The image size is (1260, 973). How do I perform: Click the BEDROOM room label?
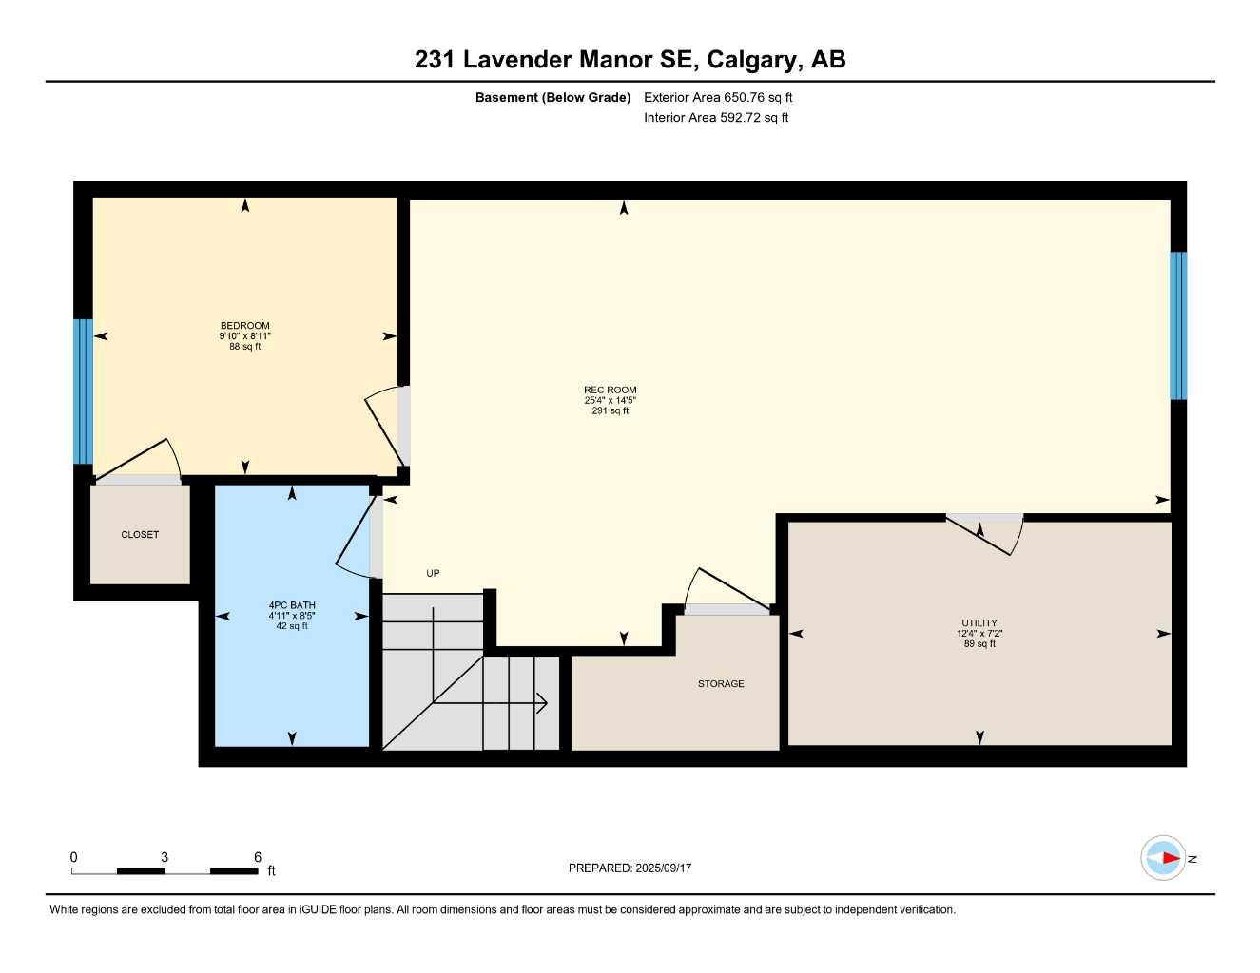point(244,326)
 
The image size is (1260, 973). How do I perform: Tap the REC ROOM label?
point(610,390)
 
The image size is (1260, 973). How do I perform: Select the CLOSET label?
point(140,535)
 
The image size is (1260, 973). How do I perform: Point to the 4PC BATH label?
point(292,605)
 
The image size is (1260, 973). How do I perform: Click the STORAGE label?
point(721,684)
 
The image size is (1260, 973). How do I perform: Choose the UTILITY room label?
point(979,623)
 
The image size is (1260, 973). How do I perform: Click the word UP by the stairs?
point(433,573)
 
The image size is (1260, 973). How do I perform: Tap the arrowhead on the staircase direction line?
point(543,704)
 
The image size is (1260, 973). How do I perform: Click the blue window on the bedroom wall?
point(83,391)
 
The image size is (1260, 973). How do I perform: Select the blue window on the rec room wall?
point(1178,326)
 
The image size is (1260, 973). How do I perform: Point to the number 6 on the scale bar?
point(258,857)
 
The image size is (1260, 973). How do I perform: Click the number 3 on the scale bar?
point(165,857)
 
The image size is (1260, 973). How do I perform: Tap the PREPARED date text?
point(630,868)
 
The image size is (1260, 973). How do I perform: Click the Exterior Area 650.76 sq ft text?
point(718,97)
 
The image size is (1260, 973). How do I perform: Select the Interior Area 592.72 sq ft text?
point(716,118)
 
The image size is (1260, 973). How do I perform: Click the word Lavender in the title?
point(517,59)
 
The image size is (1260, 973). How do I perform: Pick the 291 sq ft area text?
point(610,411)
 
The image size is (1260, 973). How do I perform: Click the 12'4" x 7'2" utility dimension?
point(979,634)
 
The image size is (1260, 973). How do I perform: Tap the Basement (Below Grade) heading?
point(552,97)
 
